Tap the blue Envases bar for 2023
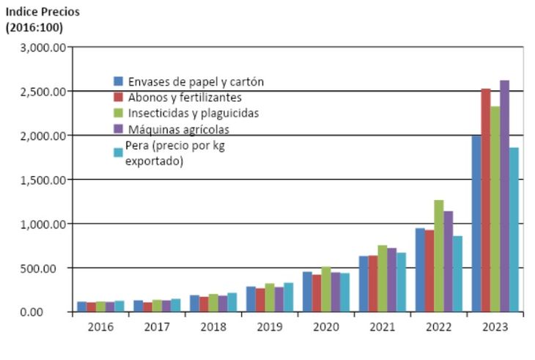pyautogui.click(x=476, y=224)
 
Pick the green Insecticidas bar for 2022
pyautogui.click(x=438, y=256)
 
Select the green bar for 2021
pyautogui.click(x=382, y=279)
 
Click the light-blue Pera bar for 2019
pyautogui.click(x=288, y=297)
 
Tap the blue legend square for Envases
pyautogui.click(x=117, y=81)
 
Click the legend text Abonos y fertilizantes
pyautogui.click(x=185, y=98)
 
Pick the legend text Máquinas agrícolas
pyautogui.click(x=178, y=130)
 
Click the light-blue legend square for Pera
pyautogui.click(x=117, y=152)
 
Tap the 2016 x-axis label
pyautogui.click(x=100, y=327)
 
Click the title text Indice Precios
pyautogui.click(x=43, y=12)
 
